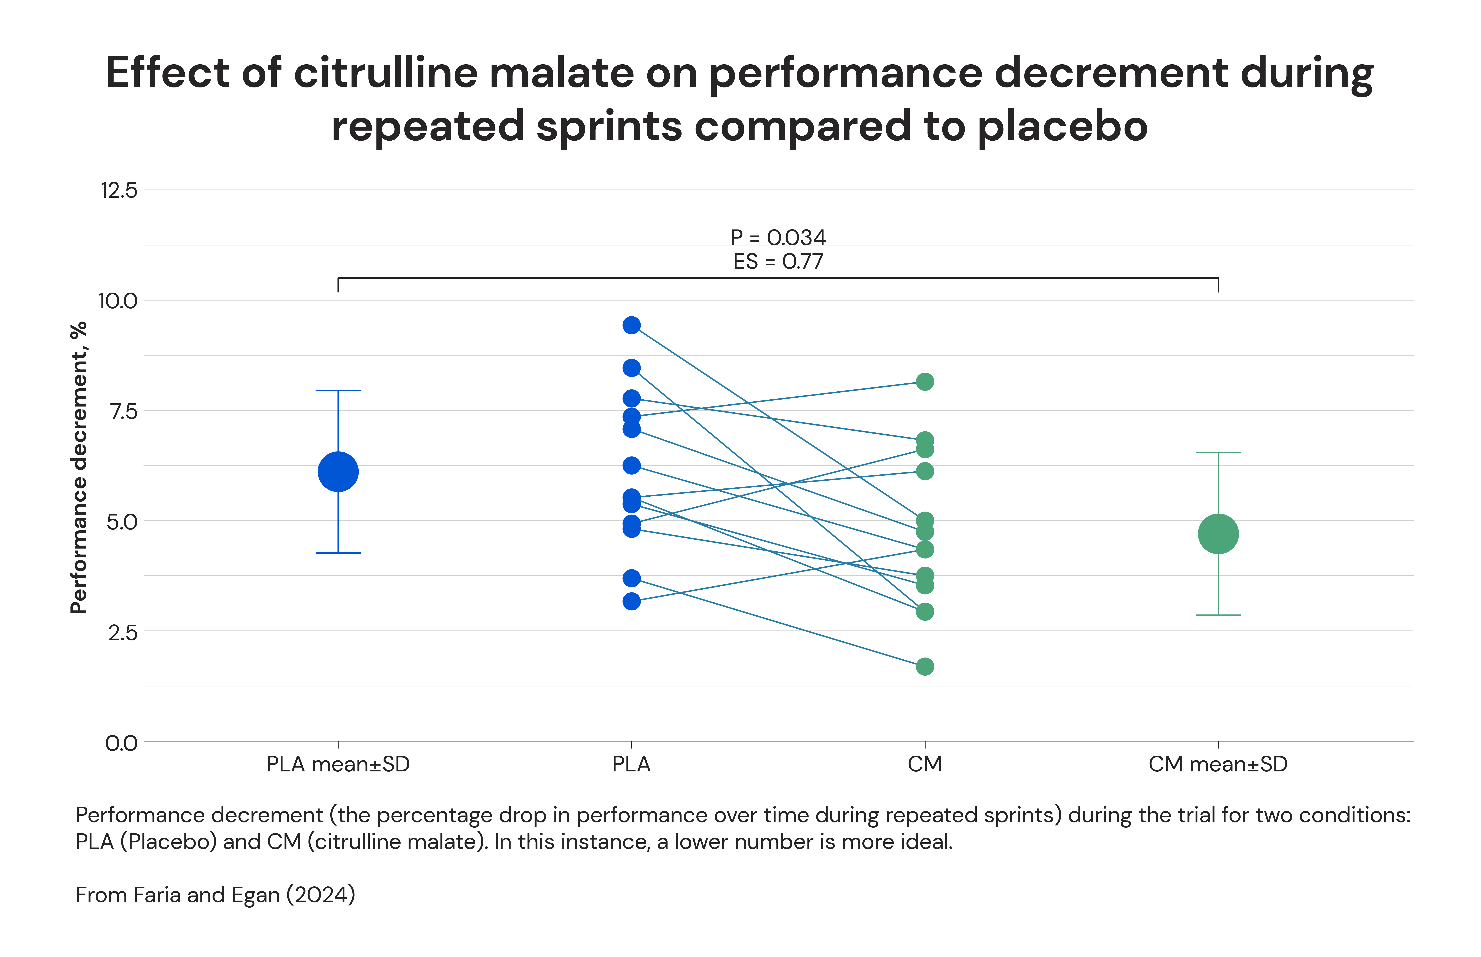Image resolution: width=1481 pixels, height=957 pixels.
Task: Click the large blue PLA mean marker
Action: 338,472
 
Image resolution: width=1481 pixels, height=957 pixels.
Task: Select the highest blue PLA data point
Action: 631,325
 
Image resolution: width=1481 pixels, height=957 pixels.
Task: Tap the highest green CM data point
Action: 924,382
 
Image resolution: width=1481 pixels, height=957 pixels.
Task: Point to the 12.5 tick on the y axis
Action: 119,190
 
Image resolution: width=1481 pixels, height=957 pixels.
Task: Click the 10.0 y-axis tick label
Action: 117,301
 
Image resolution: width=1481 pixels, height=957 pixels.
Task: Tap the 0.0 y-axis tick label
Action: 121,743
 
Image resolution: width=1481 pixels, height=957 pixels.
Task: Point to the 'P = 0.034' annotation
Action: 778,237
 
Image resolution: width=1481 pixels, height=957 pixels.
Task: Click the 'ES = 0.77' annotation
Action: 778,262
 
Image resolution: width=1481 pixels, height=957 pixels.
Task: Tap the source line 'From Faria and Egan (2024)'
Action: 215,895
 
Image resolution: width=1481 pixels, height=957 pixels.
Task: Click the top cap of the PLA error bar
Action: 338,390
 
